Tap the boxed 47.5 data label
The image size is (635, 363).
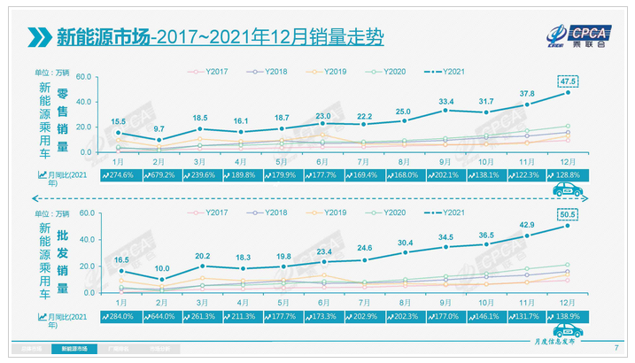[x=569, y=81]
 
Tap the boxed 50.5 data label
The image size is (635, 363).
[x=569, y=213]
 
